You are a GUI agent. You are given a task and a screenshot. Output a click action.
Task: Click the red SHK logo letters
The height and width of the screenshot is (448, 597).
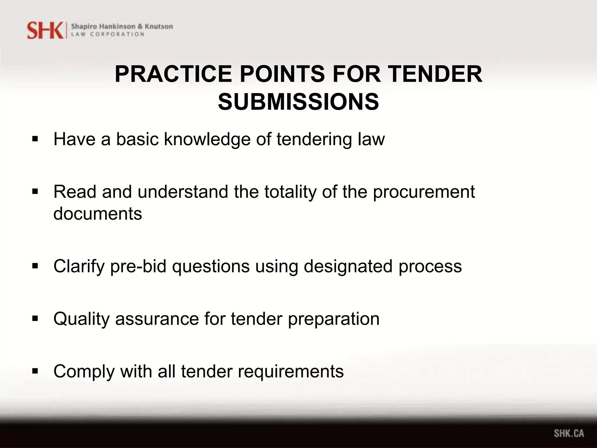coord(45,30)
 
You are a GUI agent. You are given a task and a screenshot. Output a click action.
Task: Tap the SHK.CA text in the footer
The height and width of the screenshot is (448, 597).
coord(569,433)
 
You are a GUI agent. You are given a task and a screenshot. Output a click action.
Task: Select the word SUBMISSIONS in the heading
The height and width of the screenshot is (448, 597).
coord(298,102)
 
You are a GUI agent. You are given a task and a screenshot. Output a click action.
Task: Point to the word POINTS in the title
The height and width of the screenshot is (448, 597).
coord(282,74)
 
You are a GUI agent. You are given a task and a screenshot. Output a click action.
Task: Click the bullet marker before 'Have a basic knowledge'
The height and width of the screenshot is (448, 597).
coord(35,139)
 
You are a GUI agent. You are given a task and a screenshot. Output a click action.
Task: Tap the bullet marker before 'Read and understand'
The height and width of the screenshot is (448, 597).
coord(35,192)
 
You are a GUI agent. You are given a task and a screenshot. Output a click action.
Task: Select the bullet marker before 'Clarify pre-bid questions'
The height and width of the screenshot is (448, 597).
coord(35,266)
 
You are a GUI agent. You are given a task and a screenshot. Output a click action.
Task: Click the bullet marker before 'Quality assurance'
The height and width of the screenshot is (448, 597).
coord(35,318)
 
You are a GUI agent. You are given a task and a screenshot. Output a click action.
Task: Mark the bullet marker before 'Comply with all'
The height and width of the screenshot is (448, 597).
coord(35,371)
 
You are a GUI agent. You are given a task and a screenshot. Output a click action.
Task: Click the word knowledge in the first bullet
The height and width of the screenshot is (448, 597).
coord(207,139)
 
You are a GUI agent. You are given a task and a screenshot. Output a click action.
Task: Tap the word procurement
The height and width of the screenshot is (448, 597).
coord(424,192)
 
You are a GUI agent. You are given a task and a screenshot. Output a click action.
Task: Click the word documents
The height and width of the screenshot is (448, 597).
coord(98,213)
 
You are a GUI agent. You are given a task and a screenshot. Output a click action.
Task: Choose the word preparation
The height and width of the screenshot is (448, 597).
coord(334,319)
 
